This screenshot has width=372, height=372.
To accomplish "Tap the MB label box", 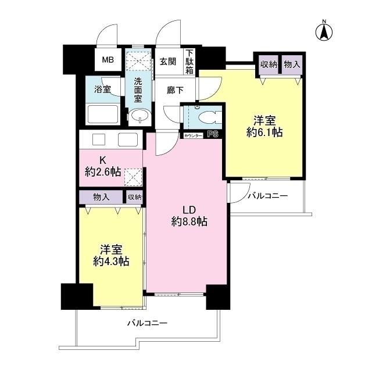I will pyautogui.click(x=108, y=60).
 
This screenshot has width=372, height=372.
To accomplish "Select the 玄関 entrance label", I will pyautogui.click(x=169, y=60).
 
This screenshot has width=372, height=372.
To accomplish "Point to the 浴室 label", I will pyautogui.click(x=103, y=90).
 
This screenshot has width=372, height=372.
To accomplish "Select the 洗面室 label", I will pyautogui.click(x=138, y=90).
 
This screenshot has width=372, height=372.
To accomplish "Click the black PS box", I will pyautogui.click(x=213, y=135).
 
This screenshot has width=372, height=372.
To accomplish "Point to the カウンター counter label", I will pyautogui.click(x=193, y=135).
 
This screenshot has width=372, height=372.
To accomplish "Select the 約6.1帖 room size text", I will pyautogui.click(x=264, y=133).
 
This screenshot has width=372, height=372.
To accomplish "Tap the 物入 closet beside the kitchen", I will pyautogui.click(x=101, y=197).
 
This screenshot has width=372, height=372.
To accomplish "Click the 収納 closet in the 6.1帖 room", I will pyautogui.click(x=268, y=65).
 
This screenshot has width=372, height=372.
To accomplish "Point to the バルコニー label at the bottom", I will pyautogui.click(x=148, y=323).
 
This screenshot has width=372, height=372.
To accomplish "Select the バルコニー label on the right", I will pyautogui.click(x=267, y=196).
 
